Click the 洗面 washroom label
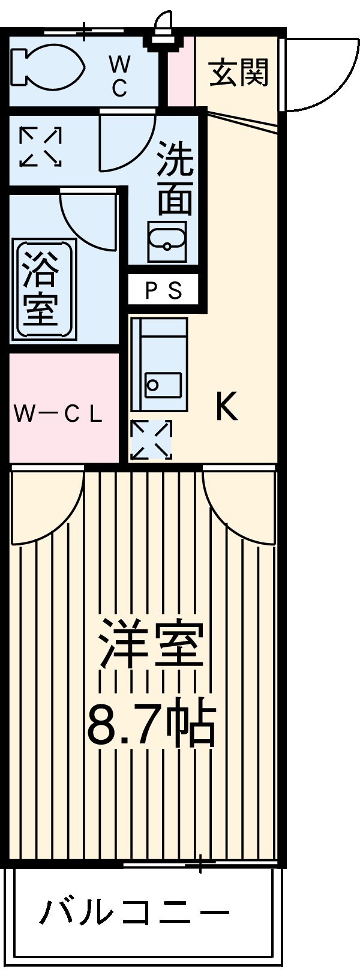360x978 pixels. [x=175, y=178]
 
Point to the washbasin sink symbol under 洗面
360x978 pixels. [x=167, y=241]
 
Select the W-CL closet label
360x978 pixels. [x=58, y=414]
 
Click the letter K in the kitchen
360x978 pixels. [x=227, y=406]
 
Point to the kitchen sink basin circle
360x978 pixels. [x=153, y=385]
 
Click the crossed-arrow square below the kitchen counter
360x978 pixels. [x=151, y=439]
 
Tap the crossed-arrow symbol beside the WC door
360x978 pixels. [x=41, y=146]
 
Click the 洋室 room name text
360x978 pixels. [x=153, y=646]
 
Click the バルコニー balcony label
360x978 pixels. [x=136, y=913]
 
